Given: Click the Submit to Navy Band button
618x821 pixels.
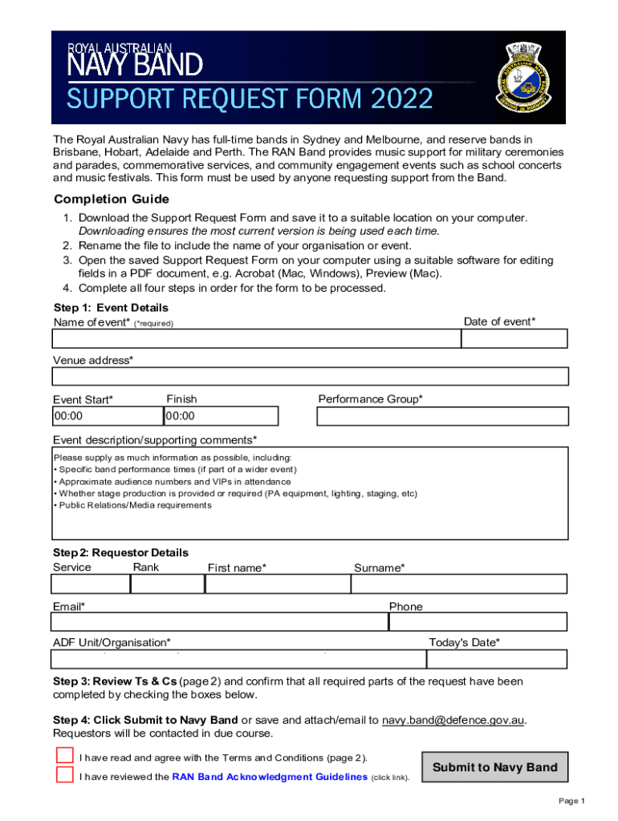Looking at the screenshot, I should click(494, 767).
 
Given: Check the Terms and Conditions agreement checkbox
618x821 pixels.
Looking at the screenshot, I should click(64, 755).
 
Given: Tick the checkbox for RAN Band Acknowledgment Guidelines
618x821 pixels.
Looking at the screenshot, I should click(64, 774).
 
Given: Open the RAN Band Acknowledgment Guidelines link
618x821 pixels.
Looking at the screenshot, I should click(270, 777).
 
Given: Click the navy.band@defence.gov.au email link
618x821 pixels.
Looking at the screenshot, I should click(453, 720).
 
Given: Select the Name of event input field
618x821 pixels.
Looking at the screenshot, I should click(256, 338).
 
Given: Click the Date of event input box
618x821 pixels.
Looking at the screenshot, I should click(514, 338).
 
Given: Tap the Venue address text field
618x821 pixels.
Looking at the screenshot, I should click(310, 376).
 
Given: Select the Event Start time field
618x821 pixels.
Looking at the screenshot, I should click(107, 416).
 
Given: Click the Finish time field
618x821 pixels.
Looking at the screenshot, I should click(221, 416).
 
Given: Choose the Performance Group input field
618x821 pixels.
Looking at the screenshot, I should click(442, 416).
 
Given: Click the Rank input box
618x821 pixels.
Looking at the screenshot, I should click(167, 584).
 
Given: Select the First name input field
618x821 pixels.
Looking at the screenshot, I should click(278, 584).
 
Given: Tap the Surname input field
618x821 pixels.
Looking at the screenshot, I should click(459, 584).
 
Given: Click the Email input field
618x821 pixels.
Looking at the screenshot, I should click(219, 622).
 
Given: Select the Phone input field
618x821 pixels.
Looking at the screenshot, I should click(478, 622).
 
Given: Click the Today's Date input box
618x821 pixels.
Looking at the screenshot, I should click(497, 659).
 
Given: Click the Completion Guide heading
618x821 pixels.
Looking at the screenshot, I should click(111, 199).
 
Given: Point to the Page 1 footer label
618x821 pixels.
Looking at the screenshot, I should click(571, 801).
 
